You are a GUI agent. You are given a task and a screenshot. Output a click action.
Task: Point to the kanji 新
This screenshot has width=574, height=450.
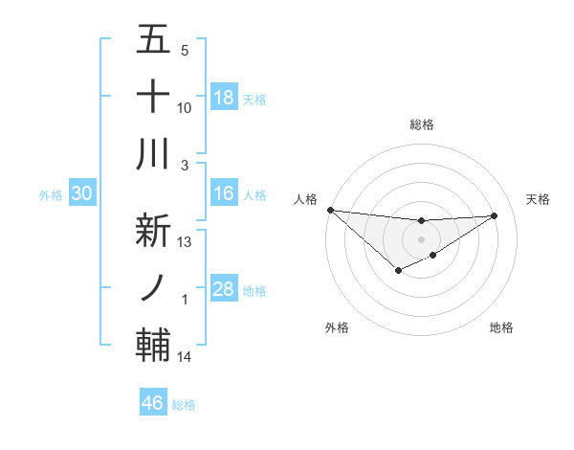tap(153, 230)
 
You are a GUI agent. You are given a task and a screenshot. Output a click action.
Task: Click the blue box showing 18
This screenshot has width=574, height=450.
tap(224, 98)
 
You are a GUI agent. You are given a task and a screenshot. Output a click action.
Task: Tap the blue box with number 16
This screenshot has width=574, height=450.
tap(224, 193)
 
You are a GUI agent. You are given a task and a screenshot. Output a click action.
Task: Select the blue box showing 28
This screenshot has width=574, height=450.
tap(224, 289)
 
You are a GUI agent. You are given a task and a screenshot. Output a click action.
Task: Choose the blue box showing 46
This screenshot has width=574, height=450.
tap(152, 403)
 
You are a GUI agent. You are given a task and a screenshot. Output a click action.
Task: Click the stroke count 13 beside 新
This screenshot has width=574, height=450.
tap(185, 241)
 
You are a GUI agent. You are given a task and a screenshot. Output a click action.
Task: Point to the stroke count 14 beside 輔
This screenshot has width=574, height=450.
tap(185, 357)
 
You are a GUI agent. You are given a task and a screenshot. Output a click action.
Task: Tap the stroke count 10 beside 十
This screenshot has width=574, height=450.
tap(185, 108)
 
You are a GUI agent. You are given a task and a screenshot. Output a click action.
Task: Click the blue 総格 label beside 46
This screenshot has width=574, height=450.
tap(184, 404)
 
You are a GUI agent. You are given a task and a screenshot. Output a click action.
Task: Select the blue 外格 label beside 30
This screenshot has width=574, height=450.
tap(51, 195)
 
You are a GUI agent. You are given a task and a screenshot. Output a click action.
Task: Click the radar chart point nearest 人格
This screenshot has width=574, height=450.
tap(330, 210)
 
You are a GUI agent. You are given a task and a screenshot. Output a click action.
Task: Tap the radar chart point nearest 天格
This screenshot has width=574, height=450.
tap(495, 215)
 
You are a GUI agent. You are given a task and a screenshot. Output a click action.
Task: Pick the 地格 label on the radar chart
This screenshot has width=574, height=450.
tap(501, 327)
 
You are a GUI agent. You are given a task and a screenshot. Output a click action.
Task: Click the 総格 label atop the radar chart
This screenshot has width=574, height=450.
tap(421, 124)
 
